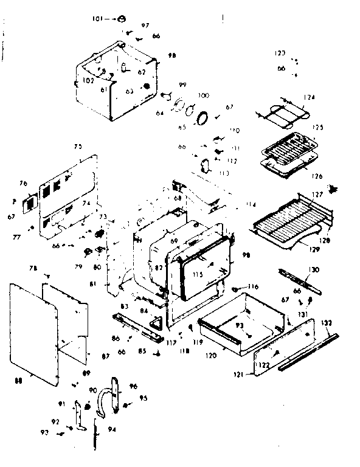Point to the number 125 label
[x=317, y=128]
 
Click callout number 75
[x=78, y=147]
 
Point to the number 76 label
[x=23, y=183]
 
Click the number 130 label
[x=313, y=269]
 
